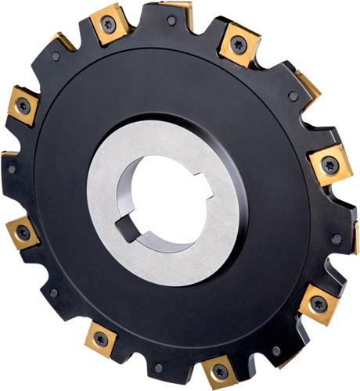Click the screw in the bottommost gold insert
click(218, 372)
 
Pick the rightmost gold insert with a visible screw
click(329, 165)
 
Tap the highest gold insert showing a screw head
click(108, 24)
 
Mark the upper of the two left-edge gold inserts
click(23, 105)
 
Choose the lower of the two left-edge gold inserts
click(23, 232)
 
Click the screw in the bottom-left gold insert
click(101, 338)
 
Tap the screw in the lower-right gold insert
click(318, 303)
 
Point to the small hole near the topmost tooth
click(172, 21)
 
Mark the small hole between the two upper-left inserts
click(56, 56)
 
